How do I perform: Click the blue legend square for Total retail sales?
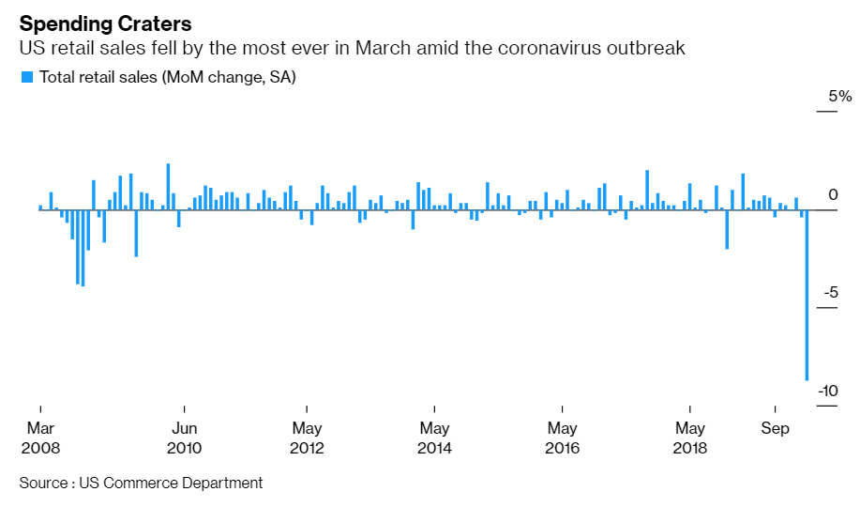(x=26, y=76)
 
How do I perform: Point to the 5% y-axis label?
(x=839, y=97)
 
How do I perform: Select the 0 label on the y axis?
(x=833, y=194)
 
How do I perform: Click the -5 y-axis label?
(x=831, y=293)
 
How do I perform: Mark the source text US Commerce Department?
(x=171, y=483)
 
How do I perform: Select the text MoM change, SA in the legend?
(x=229, y=77)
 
